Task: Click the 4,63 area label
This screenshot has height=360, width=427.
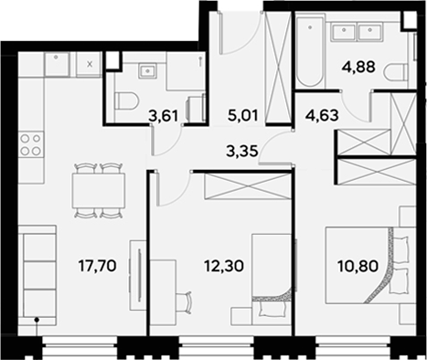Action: [319, 115]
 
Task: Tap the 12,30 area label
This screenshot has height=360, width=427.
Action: [221, 270]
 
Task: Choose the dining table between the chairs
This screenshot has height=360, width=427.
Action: [98, 190]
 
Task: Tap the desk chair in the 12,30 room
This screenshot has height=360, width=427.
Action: [187, 300]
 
